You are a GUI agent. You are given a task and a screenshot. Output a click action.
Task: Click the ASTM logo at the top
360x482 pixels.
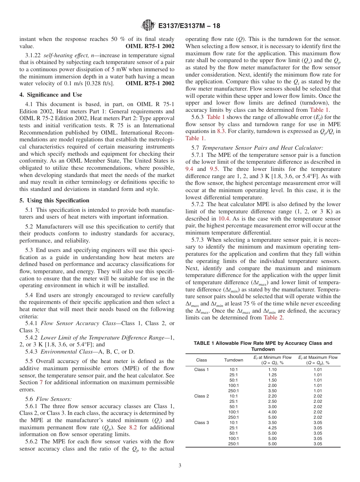click(148, 26)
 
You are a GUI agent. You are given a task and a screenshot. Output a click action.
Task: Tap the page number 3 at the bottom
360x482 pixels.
click(180, 465)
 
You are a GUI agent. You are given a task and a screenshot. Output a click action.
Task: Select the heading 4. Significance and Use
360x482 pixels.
click(51, 95)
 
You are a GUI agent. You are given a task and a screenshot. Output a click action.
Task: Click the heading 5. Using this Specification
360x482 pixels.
click(54, 200)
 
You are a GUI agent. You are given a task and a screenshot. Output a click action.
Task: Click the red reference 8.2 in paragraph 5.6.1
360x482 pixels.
click(133, 427)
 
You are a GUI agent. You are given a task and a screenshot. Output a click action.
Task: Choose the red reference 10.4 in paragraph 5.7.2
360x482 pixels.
click(223, 219)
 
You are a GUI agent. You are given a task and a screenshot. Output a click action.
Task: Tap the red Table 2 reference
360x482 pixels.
click(273, 318)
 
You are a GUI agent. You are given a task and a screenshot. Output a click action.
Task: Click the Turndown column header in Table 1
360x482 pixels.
click(233, 360)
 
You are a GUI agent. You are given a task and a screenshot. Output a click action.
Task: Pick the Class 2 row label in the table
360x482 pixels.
click(202, 396)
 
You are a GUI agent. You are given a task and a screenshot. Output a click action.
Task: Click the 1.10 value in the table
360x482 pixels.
click(272, 369)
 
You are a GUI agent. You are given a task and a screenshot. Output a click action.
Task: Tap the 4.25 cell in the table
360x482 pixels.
click(272, 428)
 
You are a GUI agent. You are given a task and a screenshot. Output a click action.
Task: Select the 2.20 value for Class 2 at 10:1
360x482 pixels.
click(272, 396)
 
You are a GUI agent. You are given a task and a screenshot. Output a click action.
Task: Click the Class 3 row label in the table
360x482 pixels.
click(202, 423)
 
